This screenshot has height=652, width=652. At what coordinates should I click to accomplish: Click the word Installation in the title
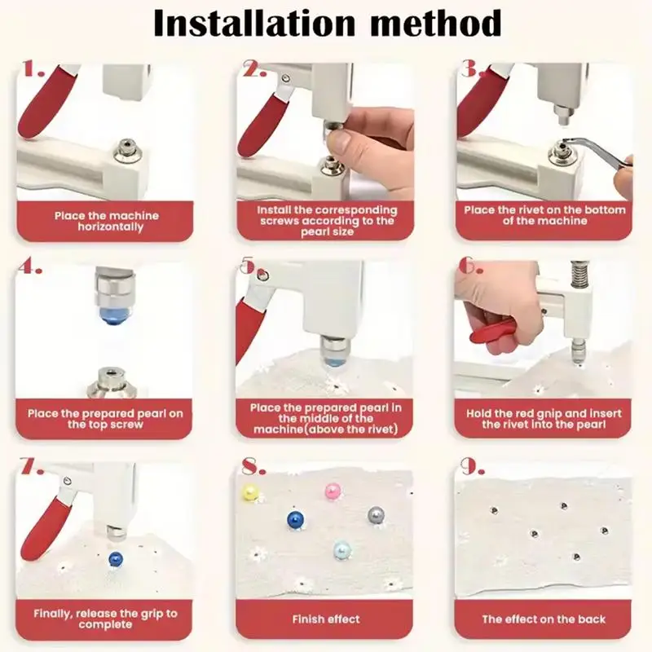pos(254,24)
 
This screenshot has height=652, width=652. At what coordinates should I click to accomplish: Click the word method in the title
pos(435,24)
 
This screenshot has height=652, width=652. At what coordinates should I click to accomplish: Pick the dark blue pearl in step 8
pos(295,518)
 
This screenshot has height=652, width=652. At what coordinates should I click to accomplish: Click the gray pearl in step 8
pos(376,515)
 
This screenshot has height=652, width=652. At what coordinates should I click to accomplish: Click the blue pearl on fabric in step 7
pos(115,558)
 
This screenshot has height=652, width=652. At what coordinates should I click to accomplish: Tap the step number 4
pos(30,268)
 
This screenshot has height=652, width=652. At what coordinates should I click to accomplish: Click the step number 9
pos(473,467)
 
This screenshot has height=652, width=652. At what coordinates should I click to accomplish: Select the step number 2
pos(254,69)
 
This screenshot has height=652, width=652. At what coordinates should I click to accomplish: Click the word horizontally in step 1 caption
pos(110,227)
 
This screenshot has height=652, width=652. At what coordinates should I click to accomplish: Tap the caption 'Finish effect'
pos(325,619)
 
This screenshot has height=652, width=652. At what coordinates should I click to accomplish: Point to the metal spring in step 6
pos(577,275)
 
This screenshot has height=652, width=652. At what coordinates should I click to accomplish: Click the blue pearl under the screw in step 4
pos(112,315)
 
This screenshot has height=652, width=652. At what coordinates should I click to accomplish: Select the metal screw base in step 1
pos(128,152)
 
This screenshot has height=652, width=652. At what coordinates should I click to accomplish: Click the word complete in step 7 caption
pos(105,624)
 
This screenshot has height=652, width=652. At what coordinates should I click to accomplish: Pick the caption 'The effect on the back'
pos(544,619)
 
